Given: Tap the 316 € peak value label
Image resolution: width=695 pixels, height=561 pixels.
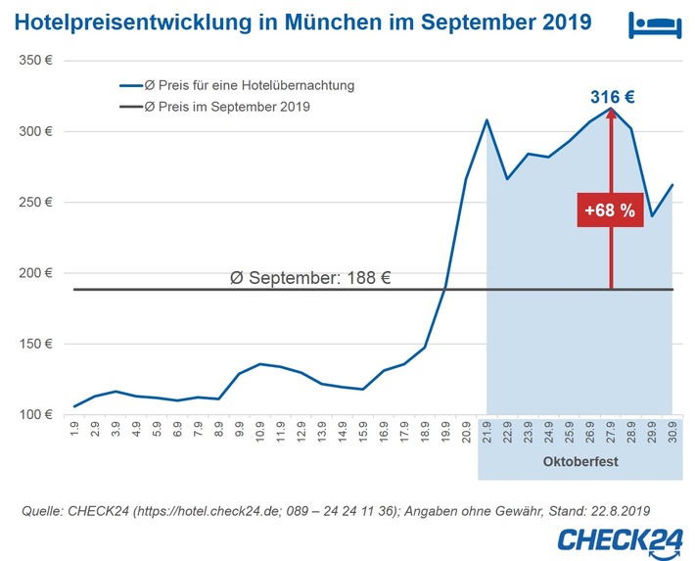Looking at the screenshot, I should [612, 96].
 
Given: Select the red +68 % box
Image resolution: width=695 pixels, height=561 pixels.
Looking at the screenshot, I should [611, 210].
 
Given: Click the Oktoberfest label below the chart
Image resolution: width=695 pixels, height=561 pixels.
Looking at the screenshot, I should [579, 459].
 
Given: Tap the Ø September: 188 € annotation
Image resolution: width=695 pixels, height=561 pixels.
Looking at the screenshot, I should [310, 277].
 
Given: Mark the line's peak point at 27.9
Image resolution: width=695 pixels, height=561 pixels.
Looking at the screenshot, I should [611, 109].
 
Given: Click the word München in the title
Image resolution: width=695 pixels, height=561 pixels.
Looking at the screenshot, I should [330, 21].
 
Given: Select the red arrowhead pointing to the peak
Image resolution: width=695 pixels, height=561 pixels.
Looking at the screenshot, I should [611, 116].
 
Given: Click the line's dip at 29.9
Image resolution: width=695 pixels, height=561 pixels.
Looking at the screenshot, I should [652, 215].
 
